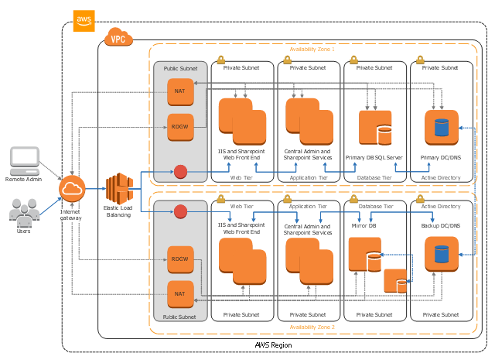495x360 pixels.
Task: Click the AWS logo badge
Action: pos(83,17)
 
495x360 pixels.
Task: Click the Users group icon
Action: pos(24,211)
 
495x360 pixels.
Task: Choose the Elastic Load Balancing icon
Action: pos(119,188)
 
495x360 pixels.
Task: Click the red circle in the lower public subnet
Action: pos(181,211)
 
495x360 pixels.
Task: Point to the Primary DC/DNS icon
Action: pos(442,126)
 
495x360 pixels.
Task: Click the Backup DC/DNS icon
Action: pos(442,252)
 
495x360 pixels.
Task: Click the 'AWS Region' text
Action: pos(273,345)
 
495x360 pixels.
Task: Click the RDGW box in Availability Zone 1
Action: pos(179,127)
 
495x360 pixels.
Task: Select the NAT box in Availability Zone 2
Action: pos(179,293)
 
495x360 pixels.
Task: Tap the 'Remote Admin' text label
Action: pos(24,179)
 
